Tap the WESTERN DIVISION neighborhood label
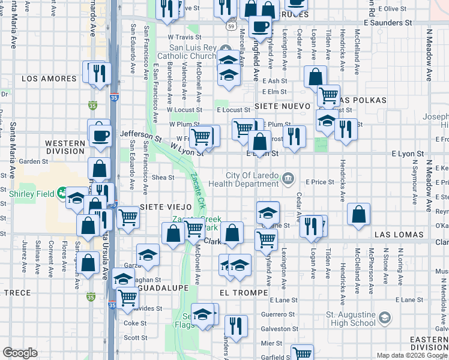tap(65, 147)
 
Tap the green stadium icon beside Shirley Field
tap(62, 193)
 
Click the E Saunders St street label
tap(388, 22)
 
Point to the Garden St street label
tap(32, 161)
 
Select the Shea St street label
tap(163, 177)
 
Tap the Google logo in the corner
tap(20, 353)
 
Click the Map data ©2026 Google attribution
tap(411, 355)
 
